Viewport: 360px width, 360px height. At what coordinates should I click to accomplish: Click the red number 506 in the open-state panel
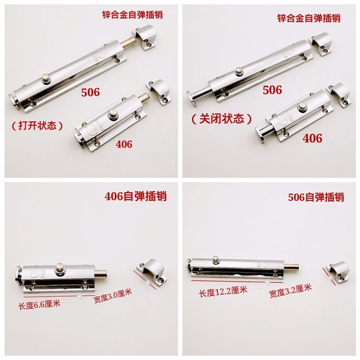tap(90, 92)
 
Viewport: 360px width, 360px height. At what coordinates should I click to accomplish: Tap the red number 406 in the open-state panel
tap(124, 144)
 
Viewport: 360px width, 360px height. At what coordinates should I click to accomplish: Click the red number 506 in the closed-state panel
tap(272, 90)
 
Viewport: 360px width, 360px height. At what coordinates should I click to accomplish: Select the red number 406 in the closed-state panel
tap(312, 138)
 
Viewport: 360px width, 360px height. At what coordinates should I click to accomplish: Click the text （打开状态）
tap(37, 125)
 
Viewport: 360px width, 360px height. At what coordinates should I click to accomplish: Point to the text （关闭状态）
tap(222, 119)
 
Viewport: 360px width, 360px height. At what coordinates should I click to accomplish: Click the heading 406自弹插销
tap(135, 196)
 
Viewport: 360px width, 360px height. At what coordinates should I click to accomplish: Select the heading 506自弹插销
tap(316, 197)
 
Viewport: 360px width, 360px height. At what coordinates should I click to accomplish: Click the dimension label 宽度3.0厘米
tap(113, 296)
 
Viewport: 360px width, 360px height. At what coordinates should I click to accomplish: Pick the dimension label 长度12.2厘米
tap(223, 291)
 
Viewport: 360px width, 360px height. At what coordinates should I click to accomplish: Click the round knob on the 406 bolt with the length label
tap(60, 268)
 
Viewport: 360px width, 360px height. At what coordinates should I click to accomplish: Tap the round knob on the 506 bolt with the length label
tap(216, 260)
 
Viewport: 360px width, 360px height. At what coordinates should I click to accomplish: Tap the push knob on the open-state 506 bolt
tap(47, 80)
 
